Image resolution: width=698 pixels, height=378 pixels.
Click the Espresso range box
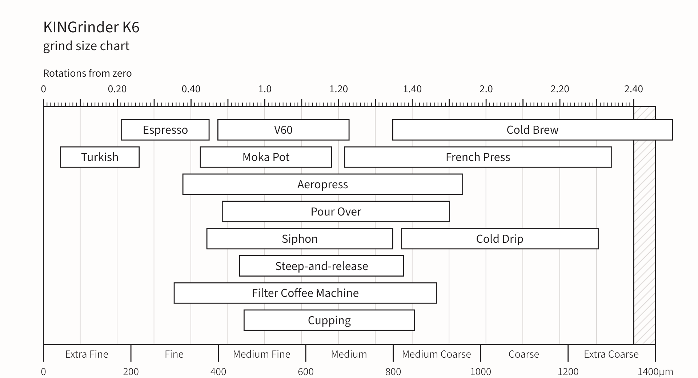coord(165,130)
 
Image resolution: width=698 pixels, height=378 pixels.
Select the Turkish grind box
coord(100,157)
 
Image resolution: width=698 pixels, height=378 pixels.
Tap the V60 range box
coord(283,130)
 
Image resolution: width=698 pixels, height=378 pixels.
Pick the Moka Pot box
coord(266,157)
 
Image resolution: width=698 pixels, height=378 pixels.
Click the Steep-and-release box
coord(321,266)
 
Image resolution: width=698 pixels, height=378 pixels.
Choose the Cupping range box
coord(329,320)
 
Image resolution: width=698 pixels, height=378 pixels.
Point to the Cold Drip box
coord(500,239)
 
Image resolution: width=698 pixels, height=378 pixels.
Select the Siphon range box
coord(300,239)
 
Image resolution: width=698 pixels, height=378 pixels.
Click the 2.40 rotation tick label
coord(634,89)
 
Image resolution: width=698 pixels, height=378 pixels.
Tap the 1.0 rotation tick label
coord(265,89)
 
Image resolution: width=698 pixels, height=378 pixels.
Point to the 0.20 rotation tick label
coord(117,89)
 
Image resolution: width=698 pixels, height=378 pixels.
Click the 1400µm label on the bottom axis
coord(655,372)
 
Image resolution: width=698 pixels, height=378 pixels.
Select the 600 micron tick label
coord(306,372)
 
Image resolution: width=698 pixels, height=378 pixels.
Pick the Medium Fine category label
coord(262,354)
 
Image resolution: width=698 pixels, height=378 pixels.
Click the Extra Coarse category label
coord(611,354)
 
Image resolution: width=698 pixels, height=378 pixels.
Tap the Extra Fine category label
coord(87,354)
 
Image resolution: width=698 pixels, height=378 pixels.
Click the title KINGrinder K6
coord(91,27)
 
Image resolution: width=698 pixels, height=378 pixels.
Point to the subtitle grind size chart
coord(86,46)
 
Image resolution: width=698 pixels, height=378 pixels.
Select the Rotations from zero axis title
coord(87,73)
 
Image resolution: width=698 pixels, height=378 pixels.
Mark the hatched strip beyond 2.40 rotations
coord(645,225)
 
